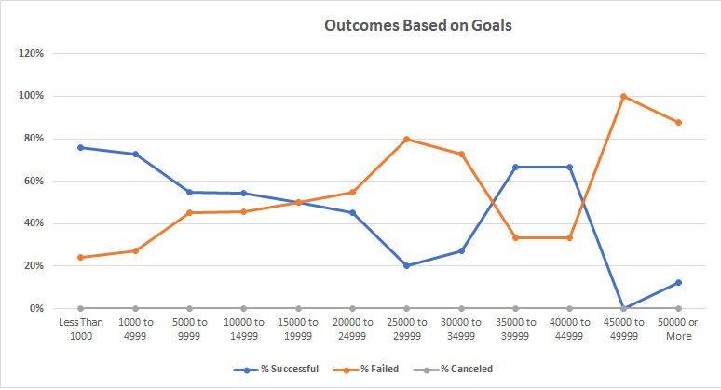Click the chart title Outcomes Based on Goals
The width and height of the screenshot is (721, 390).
(x=417, y=25)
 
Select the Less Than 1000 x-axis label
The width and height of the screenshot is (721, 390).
(x=81, y=329)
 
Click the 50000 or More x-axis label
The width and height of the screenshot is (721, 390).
(x=678, y=329)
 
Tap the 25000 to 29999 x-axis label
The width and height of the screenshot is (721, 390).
(x=406, y=329)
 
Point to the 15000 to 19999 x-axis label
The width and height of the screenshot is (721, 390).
(x=298, y=329)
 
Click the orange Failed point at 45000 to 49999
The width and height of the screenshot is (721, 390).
(x=624, y=96)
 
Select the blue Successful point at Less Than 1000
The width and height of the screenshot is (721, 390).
(x=81, y=147)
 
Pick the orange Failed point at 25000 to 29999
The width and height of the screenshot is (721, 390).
(x=406, y=139)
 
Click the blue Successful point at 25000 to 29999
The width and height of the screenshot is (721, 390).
(x=406, y=265)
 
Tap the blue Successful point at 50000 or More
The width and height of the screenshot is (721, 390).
(x=678, y=282)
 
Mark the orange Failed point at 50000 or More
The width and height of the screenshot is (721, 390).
(x=678, y=122)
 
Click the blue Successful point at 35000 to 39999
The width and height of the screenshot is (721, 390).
(x=515, y=167)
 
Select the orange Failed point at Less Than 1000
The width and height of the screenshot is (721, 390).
(x=81, y=257)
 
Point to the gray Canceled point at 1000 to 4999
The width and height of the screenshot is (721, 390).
(x=135, y=308)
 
